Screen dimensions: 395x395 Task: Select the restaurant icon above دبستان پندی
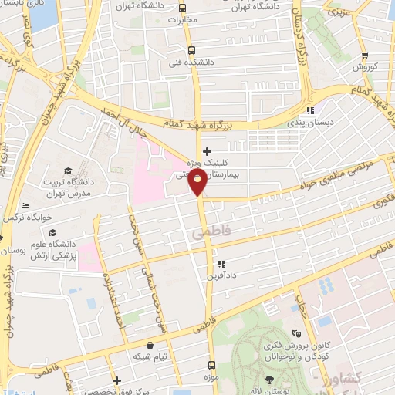310,110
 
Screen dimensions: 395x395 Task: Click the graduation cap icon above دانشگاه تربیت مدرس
67,170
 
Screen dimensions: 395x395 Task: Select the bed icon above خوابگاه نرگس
25,205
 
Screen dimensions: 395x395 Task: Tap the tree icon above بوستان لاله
268,380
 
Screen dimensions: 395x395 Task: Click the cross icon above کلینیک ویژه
205,151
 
